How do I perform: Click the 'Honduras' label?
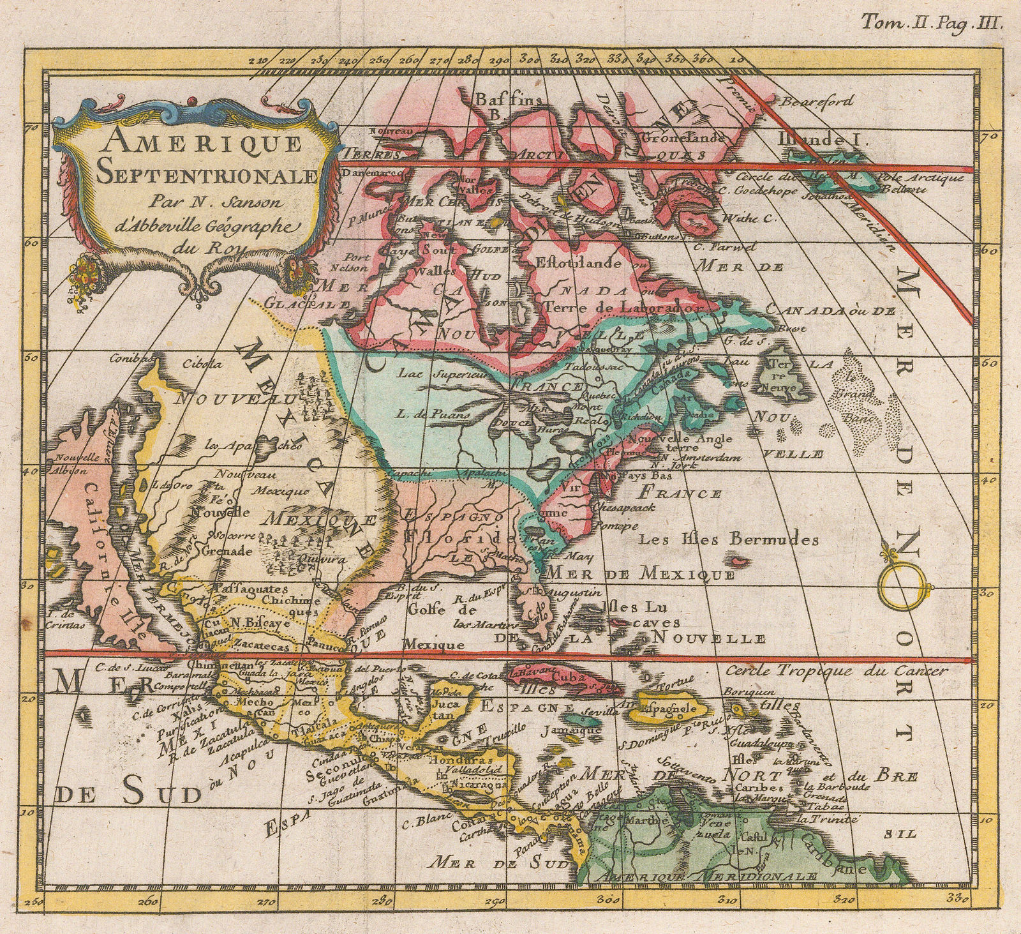(x=454, y=762)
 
